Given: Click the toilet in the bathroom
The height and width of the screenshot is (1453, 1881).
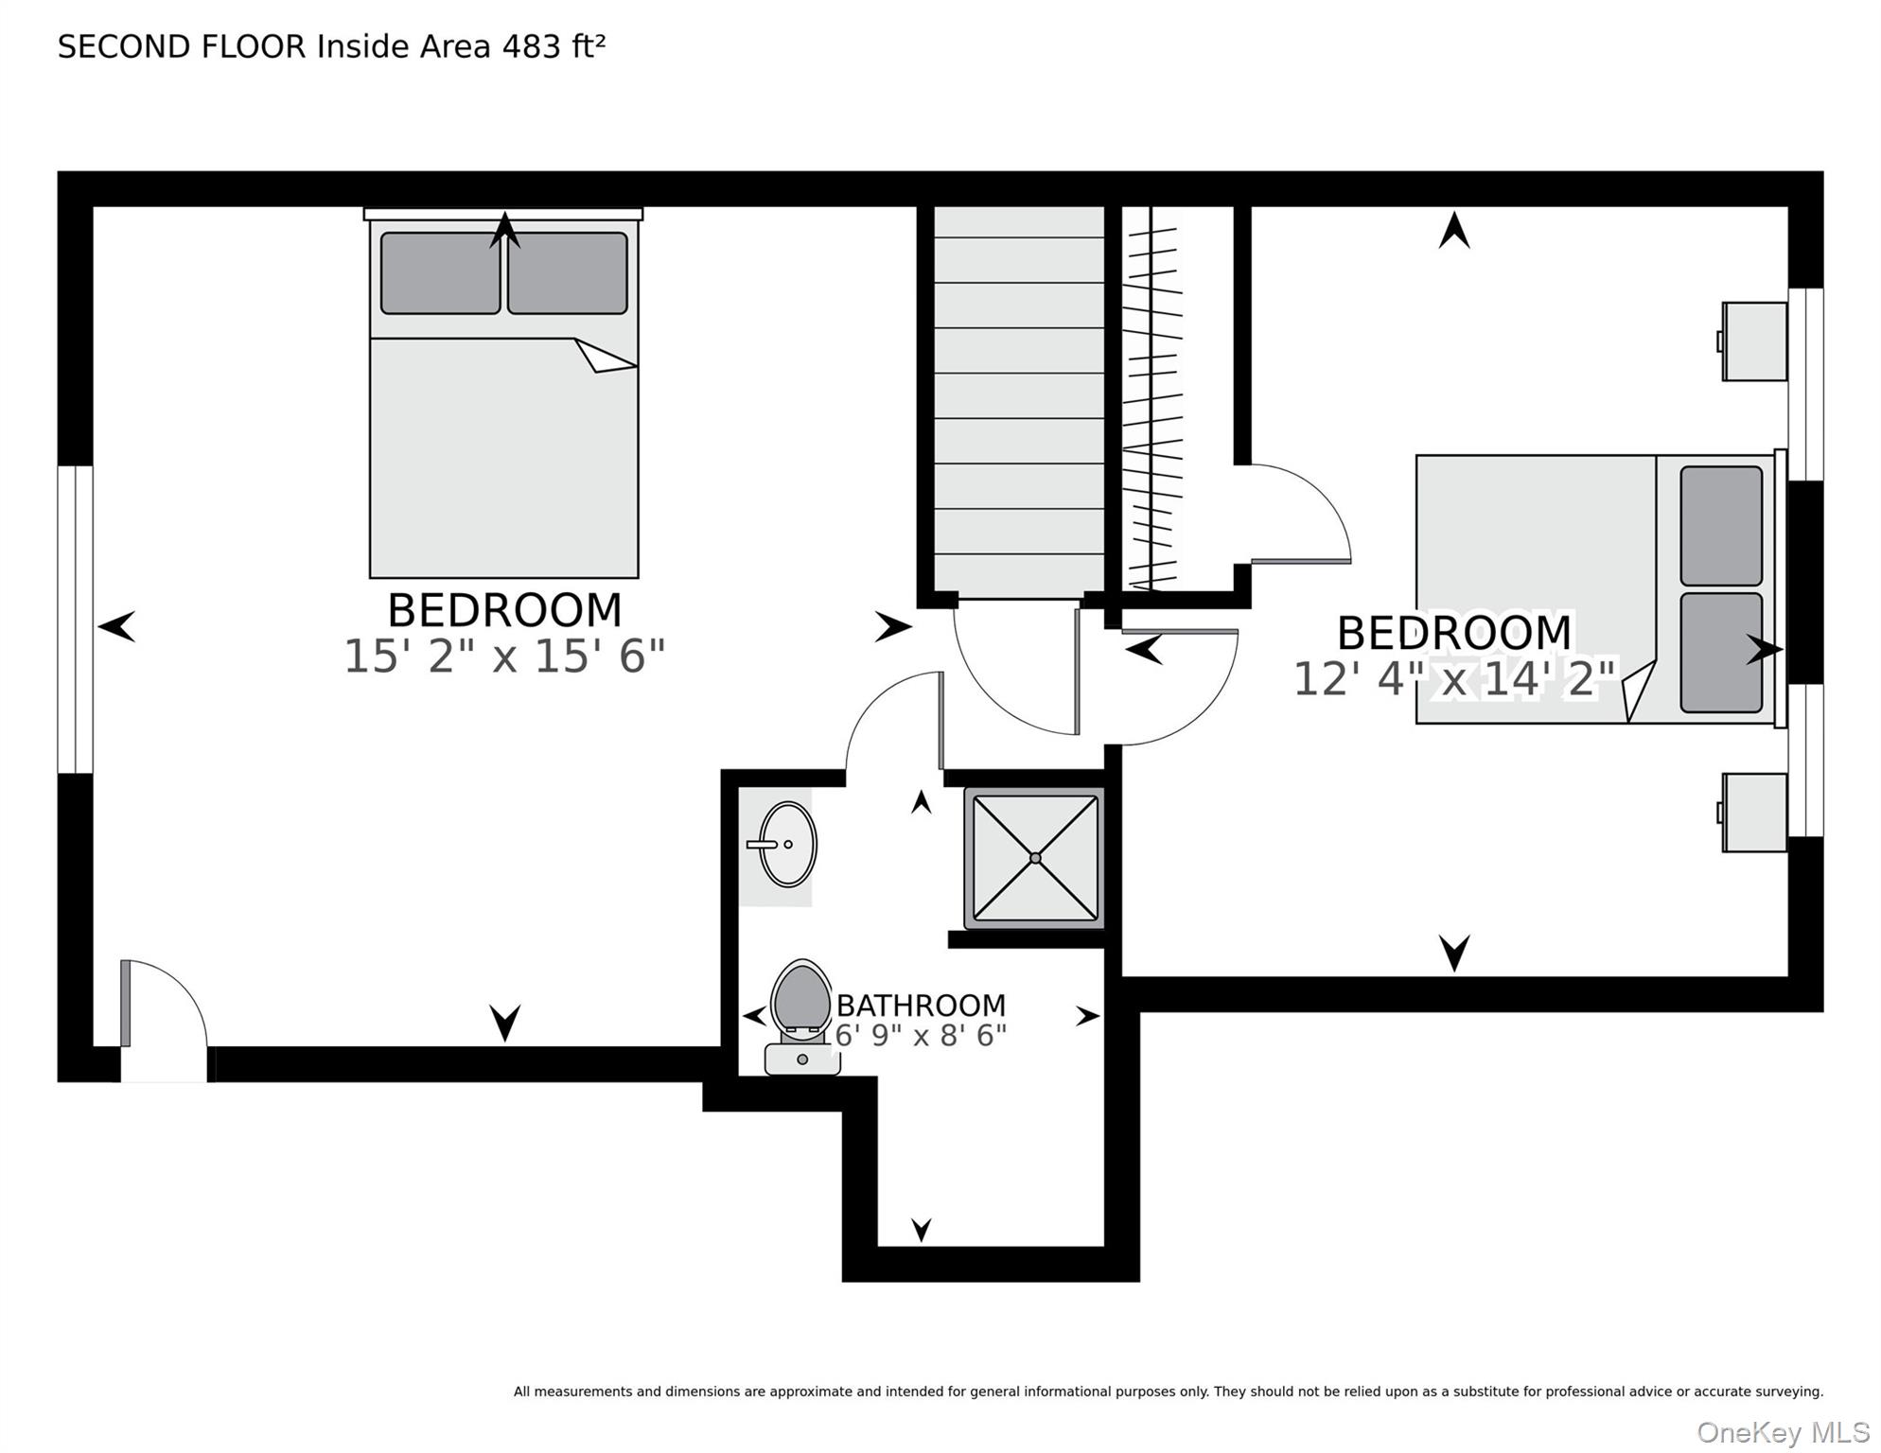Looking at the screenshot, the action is (x=801, y=1017).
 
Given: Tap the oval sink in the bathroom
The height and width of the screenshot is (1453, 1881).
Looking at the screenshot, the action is (x=787, y=845).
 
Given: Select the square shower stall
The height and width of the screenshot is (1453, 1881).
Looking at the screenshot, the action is (x=1035, y=858).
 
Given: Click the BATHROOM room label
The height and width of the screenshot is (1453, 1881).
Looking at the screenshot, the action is (x=921, y=1005).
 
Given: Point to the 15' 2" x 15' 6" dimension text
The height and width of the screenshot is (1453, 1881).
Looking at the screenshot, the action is (x=504, y=656).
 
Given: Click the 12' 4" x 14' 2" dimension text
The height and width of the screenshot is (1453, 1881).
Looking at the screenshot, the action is (x=1454, y=679).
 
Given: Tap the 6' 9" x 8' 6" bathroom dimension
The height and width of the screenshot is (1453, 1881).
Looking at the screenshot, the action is (x=921, y=1036).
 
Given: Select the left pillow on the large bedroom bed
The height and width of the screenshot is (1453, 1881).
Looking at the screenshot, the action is (x=440, y=273).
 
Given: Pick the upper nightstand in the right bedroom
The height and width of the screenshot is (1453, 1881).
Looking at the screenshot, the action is (x=1753, y=341).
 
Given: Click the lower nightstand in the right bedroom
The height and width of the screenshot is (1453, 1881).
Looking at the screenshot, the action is (x=1753, y=813).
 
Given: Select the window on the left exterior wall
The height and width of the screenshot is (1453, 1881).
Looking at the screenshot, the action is (x=76, y=620).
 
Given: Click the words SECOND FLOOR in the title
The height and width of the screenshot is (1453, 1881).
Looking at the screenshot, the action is (x=182, y=46).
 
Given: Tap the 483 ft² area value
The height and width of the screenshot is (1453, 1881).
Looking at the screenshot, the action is (x=554, y=46).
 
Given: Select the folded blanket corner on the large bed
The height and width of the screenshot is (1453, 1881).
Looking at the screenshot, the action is (x=604, y=356).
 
